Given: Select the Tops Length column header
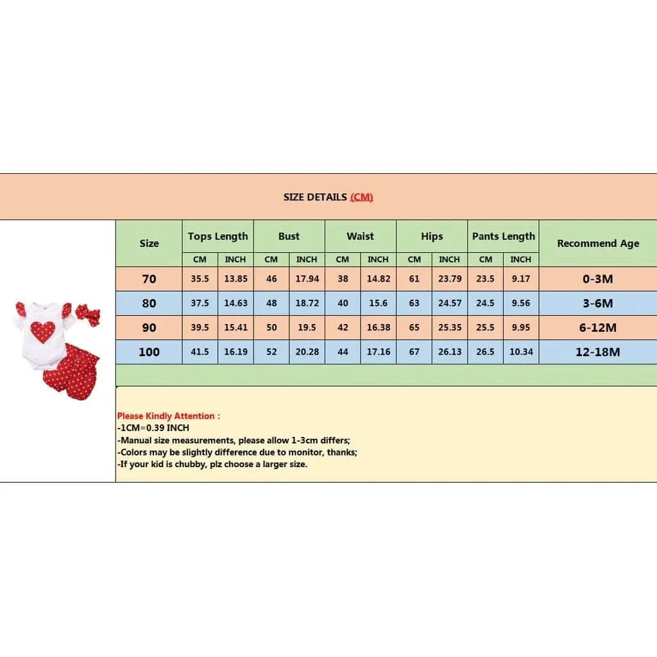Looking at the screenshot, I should tap(218, 236).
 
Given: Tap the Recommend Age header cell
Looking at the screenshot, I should tap(598, 243).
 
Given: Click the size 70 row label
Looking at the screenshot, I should tap(149, 279).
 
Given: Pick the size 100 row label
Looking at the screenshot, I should tap(149, 352).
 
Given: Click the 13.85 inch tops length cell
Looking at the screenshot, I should tap(235, 279).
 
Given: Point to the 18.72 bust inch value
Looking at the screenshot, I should tap(307, 303).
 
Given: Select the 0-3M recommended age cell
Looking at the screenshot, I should tap(598, 279).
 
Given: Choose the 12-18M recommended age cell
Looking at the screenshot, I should tap(598, 352).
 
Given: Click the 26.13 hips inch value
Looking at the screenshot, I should tap(449, 352).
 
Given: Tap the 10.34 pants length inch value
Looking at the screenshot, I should tap(521, 352).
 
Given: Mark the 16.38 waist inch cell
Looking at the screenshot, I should tap(378, 327).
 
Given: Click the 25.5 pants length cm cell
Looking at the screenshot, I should tap(486, 327).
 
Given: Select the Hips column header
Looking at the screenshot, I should tap(432, 236).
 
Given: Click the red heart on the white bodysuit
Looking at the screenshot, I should tap(42, 331).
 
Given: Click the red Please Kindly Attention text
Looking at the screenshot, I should tap(168, 416).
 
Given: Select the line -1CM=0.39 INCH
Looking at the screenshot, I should tap(153, 427).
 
